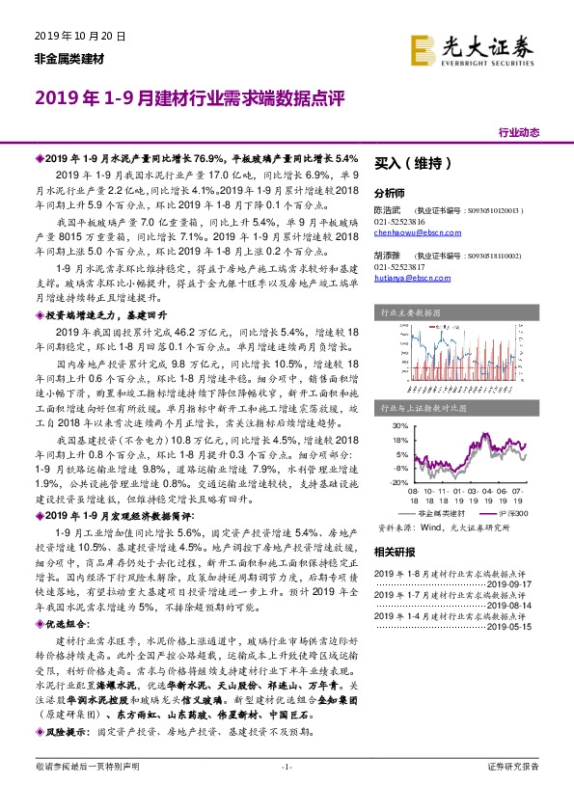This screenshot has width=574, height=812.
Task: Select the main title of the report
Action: pyautogui.click(x=184, y=98)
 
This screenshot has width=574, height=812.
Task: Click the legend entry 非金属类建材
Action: pyautogui.click(x=434, y=515)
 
